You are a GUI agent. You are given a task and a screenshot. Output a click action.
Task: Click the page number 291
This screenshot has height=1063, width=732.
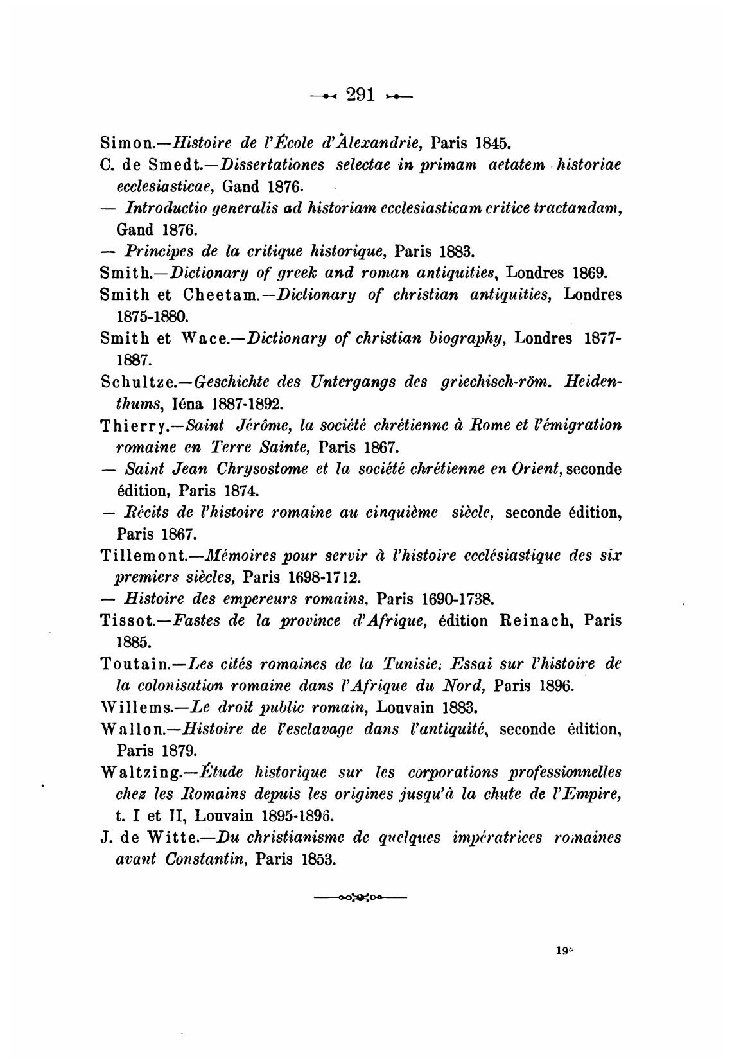[360, 95]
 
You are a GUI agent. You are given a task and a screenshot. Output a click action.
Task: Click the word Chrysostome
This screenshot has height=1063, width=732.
[245, 470]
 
